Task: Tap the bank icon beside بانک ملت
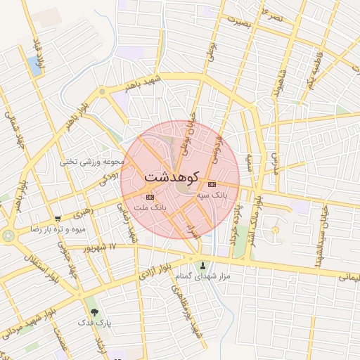[x=148, y=197]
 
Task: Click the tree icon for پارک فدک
[x=92, y=311]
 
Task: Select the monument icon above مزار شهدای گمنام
[x=204, y=266]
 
